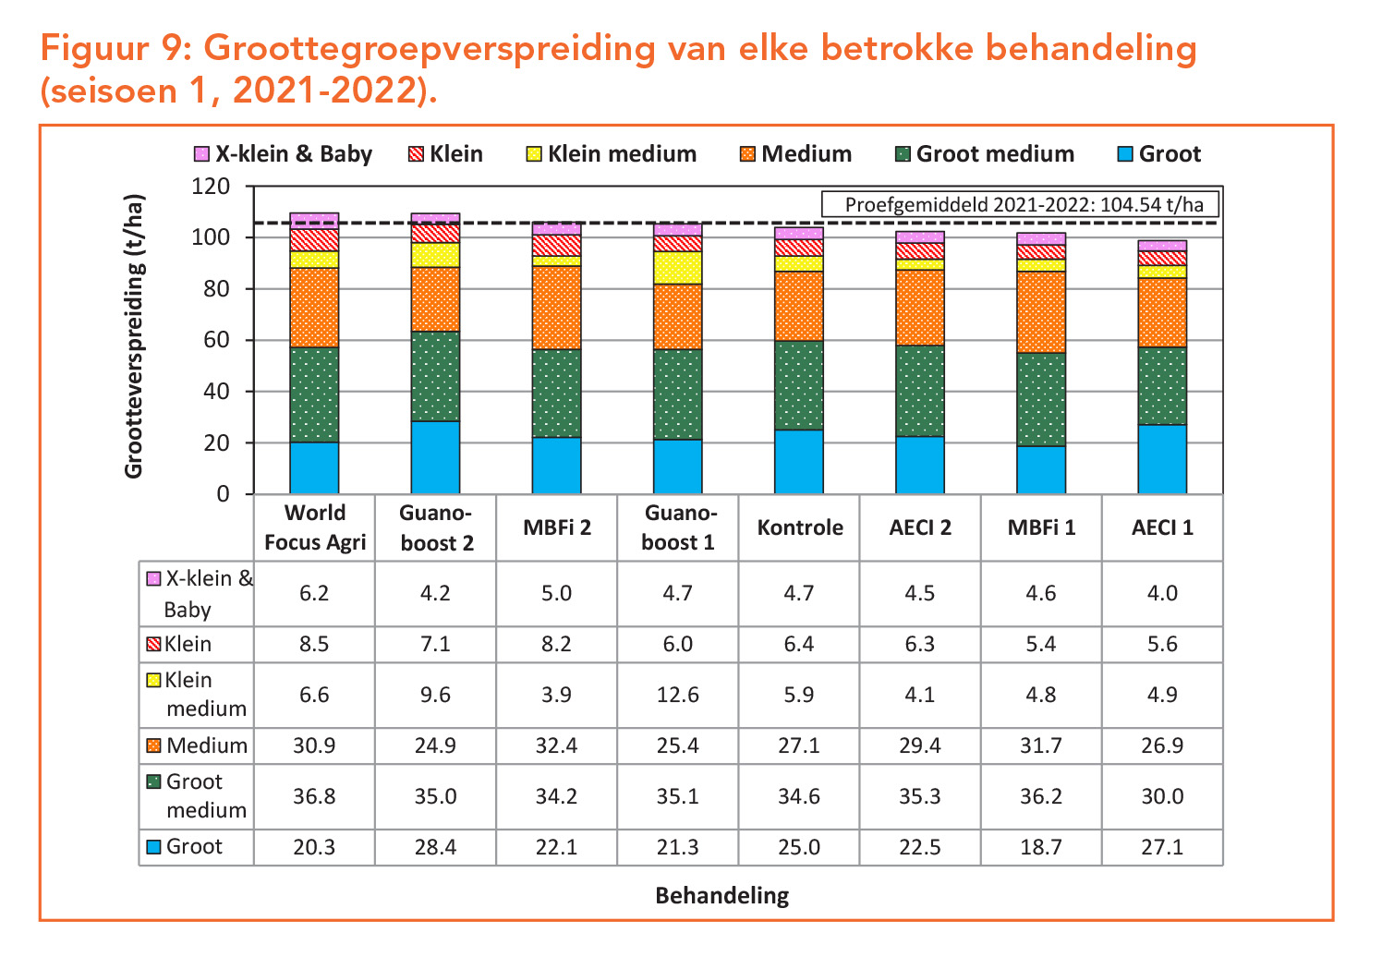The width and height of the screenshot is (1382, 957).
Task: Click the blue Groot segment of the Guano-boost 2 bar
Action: coord(435,458)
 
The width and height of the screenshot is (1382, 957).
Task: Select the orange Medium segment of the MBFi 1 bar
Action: coord(1041,312)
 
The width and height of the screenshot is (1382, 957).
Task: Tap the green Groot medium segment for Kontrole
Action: coord(799,385)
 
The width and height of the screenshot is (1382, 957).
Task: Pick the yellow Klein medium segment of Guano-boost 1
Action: coord(678,268)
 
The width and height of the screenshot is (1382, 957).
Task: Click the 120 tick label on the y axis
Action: coord(211,187)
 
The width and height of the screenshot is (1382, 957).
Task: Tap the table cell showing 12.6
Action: coord(678,695)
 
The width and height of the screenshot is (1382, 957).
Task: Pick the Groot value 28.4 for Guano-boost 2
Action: coord(435,847)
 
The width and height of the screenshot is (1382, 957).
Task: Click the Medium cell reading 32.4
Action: coord(556,745)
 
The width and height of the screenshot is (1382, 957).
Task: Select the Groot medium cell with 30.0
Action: coord(1162,796)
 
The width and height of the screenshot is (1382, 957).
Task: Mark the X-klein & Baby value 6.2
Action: coord(314,593)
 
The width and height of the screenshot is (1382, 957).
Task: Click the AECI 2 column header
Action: coord(920,527)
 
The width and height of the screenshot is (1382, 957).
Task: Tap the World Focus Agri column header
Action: coord(315,527)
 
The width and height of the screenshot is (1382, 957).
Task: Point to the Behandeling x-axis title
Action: coord(721,895)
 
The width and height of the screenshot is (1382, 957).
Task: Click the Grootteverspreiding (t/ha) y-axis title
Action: coord(135,336)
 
